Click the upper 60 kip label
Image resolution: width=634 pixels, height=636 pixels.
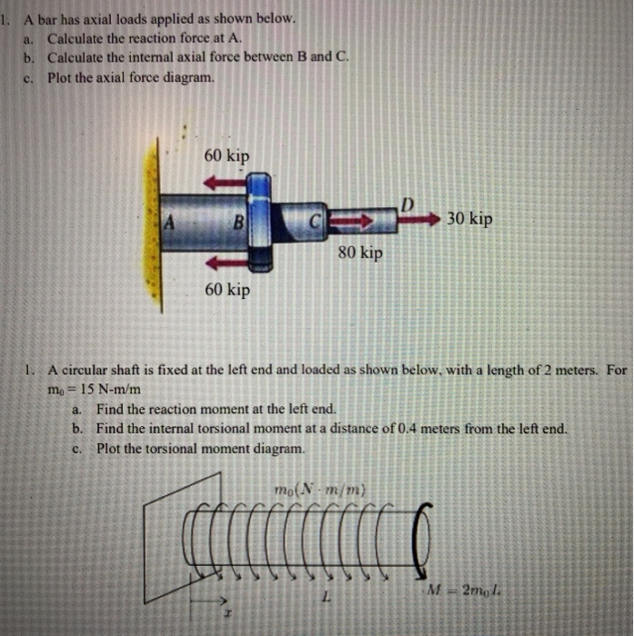point(226,155)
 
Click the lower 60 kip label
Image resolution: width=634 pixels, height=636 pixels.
point(226,290)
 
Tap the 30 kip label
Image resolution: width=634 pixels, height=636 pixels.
point(470,219)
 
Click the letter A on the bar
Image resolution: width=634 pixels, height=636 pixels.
point(168,221)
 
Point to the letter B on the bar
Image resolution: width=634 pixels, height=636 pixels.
point(238,221)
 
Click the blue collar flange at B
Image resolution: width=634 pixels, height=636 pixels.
point(259,221)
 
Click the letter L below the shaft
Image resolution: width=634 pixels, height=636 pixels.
point(325,599)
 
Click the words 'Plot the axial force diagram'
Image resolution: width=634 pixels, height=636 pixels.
point(132,77)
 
